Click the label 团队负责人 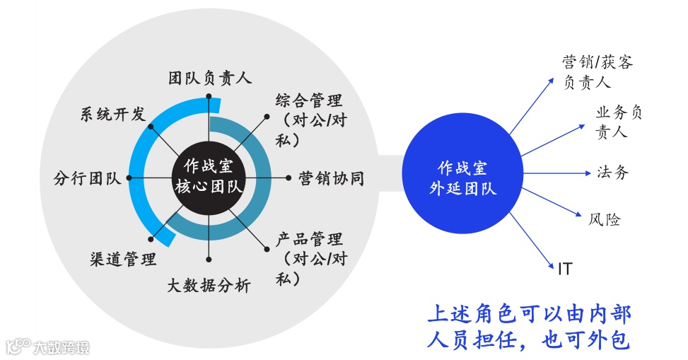click(210, 78)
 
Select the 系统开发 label click(112, 114)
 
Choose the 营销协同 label click(331, 178)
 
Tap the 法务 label click(612, 172)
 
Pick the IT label click(565, 269)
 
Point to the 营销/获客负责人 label click(597, 72)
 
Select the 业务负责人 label click(619, 122)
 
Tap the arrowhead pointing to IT click(554, 263)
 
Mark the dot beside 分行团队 click(129, 178)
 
